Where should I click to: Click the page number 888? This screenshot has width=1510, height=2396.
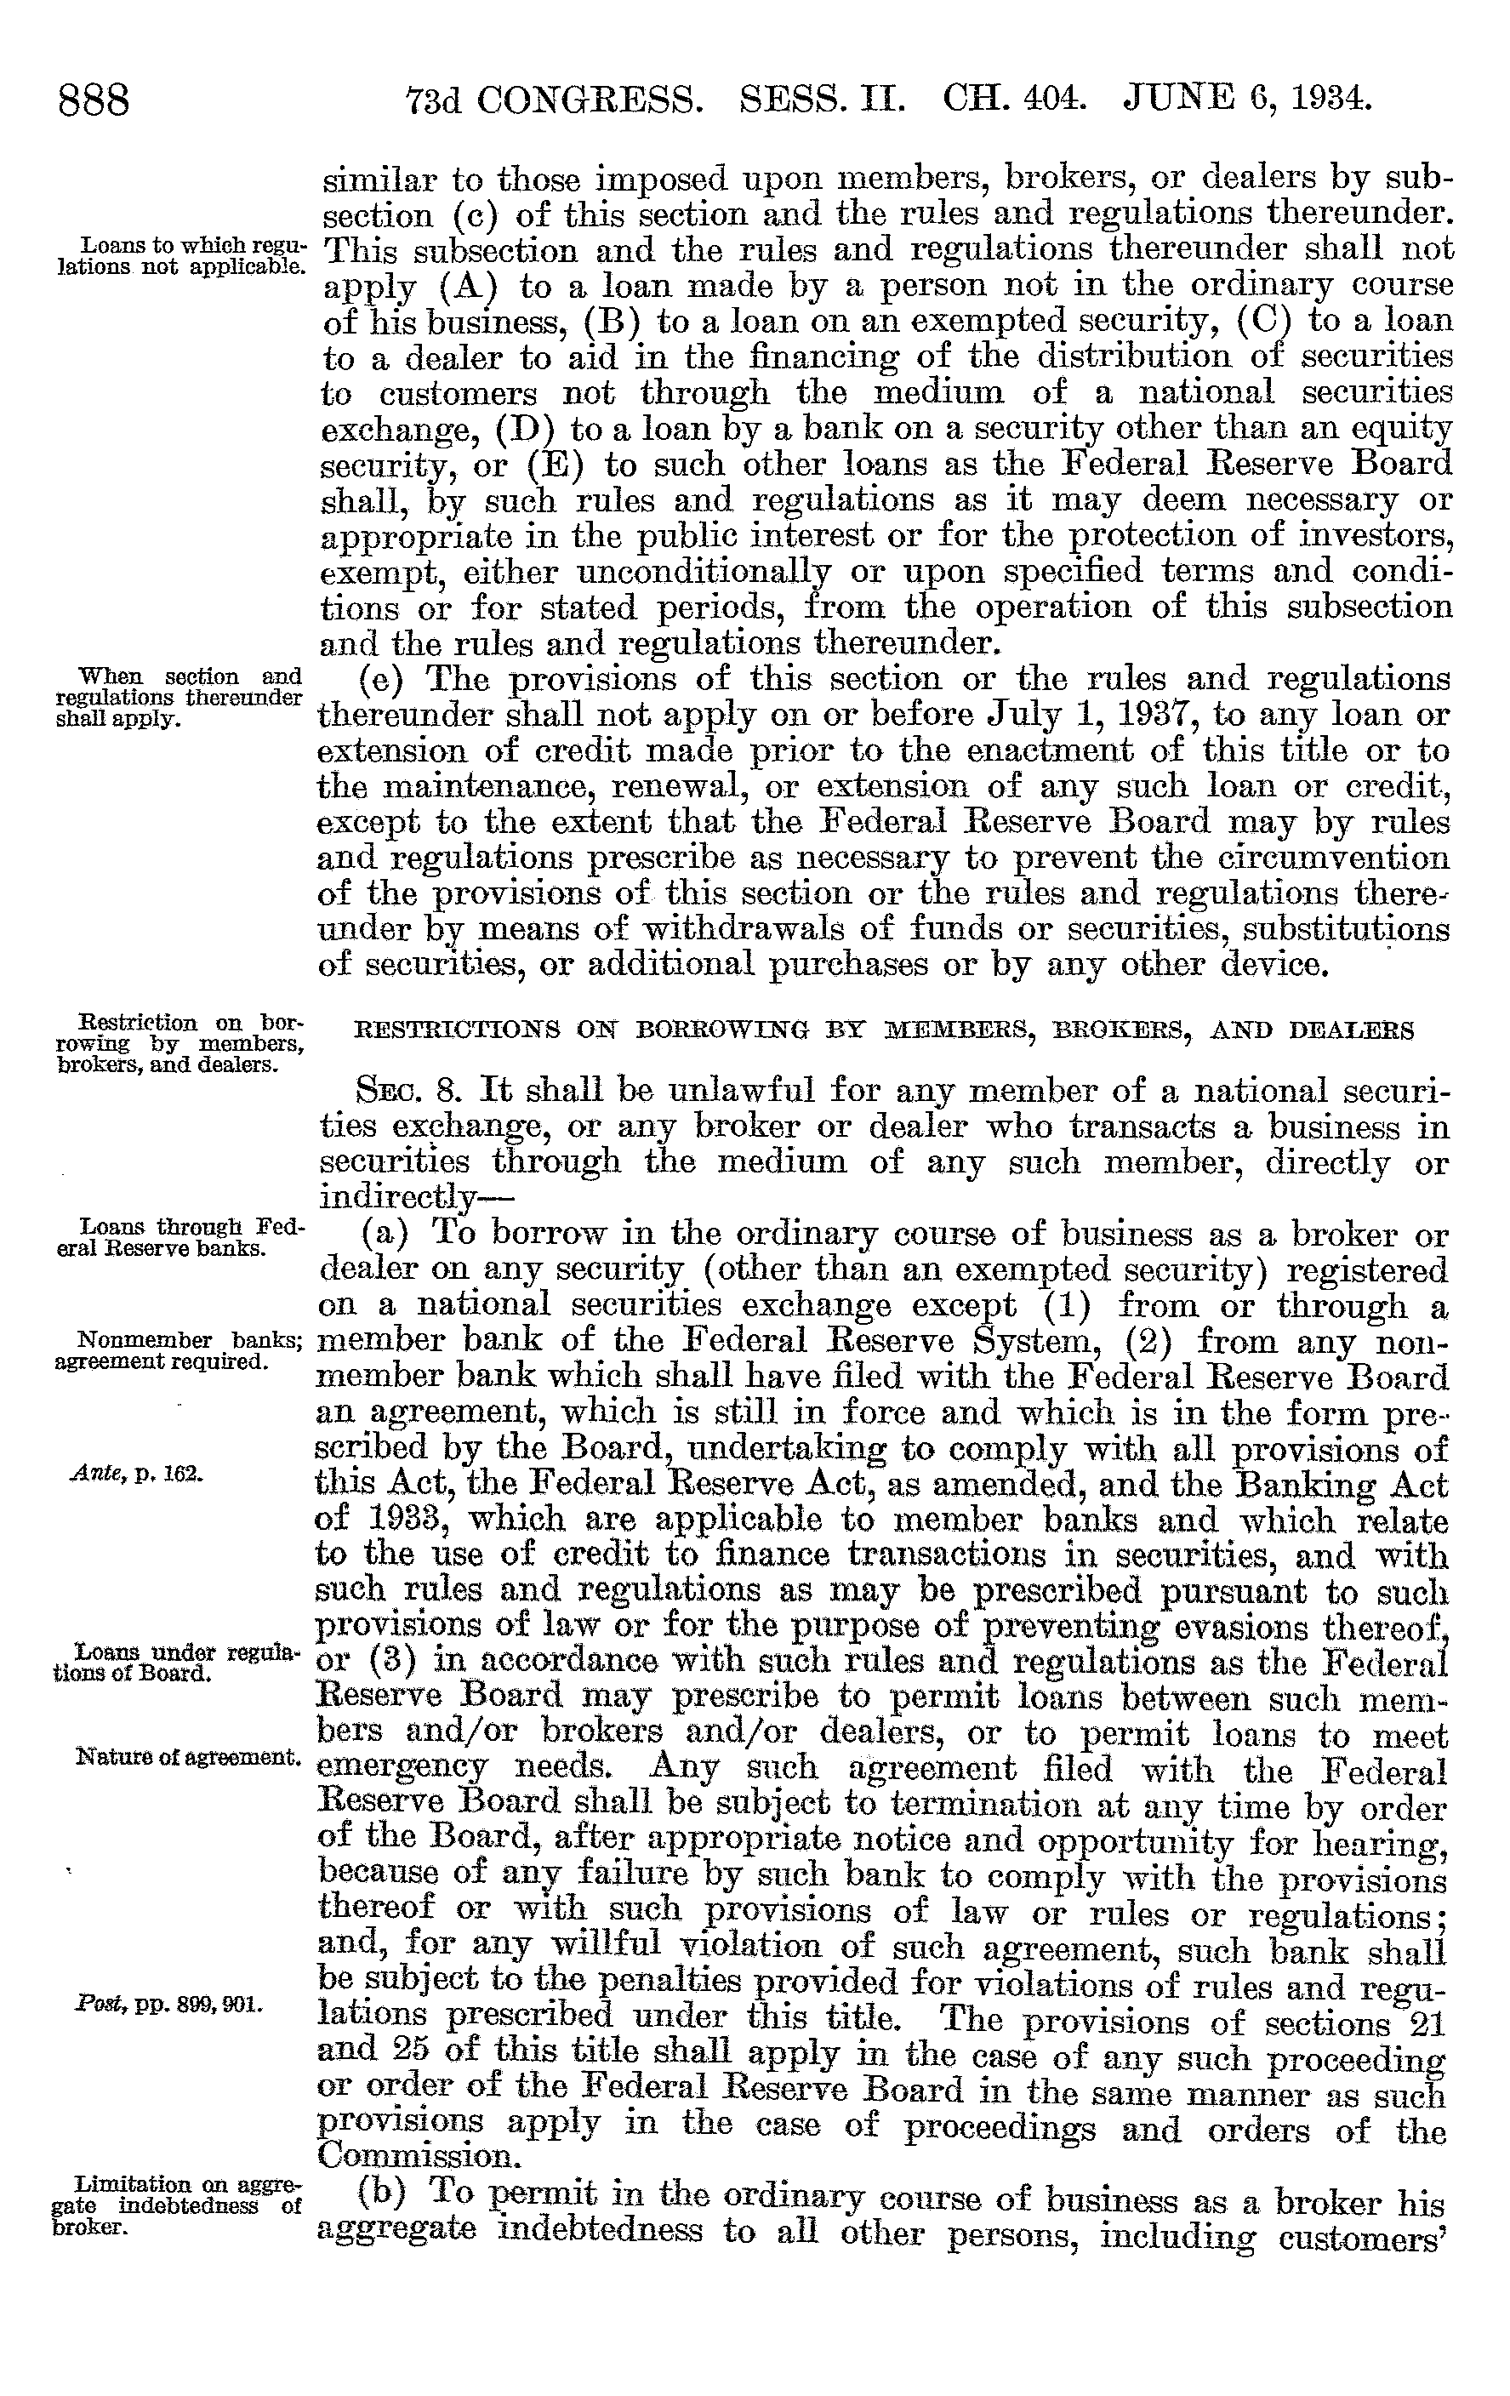94,101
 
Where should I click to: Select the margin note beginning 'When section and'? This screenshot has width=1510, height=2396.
178,697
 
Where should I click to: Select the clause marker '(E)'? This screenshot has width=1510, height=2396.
548,465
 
